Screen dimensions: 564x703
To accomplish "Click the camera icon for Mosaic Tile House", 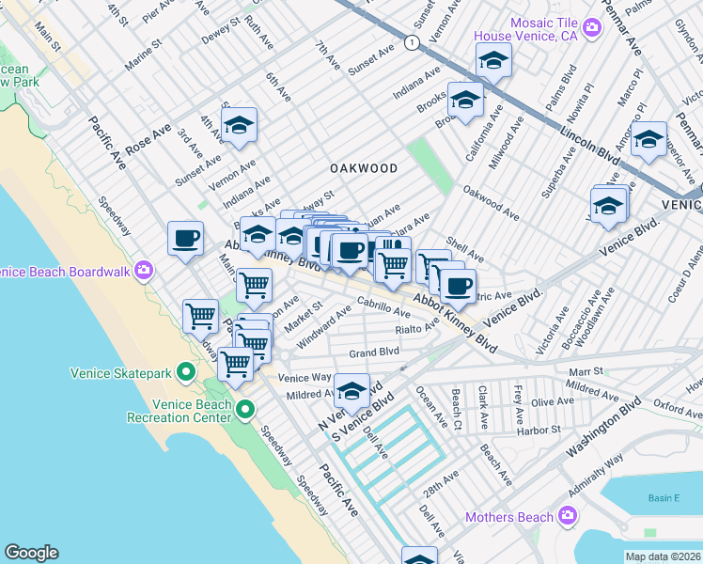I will click(x=591, y=26).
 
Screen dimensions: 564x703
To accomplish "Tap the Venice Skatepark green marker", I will click(x=187, y=373).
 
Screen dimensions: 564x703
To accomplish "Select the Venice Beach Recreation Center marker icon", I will click(x=245, y=410).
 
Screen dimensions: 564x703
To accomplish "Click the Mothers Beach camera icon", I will click(x=567, y=516).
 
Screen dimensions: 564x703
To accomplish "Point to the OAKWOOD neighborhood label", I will click(x=363, y=168).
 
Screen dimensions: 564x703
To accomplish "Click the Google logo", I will click(x=31, y=553).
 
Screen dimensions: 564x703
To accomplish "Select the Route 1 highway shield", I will click(x=411, y=42).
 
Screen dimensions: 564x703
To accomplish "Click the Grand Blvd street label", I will click(x=374, y=352).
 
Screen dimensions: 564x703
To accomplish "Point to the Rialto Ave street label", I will click(x=417, y=328).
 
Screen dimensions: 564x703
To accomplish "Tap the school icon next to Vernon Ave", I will click(x=239, y=125).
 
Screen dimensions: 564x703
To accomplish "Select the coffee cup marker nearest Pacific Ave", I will click(x=186, y=238).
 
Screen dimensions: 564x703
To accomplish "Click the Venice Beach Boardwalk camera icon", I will click(x=144, y=272).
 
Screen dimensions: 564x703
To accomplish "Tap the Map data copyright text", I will click(x=662, y=556).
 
